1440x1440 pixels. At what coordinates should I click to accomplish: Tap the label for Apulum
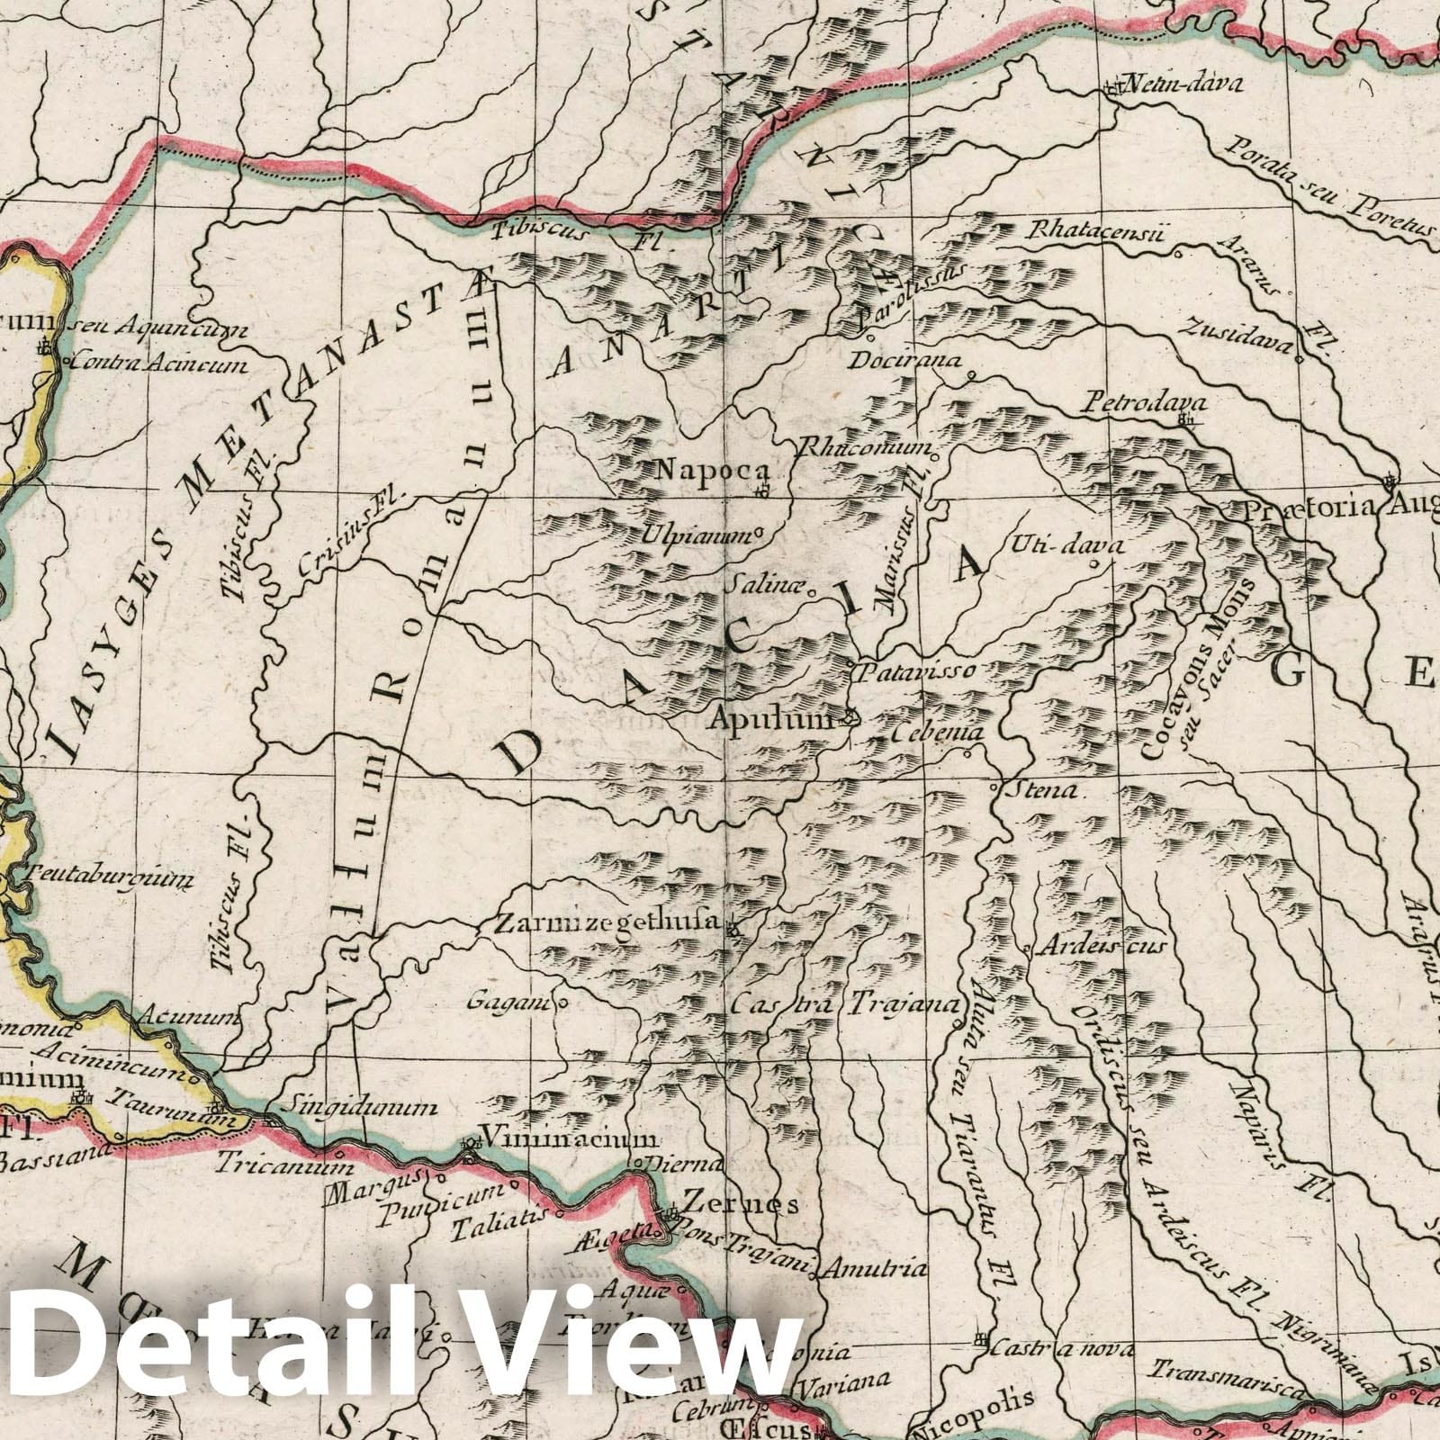pos(774,719)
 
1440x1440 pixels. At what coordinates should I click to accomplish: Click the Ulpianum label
pos(695,534)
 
